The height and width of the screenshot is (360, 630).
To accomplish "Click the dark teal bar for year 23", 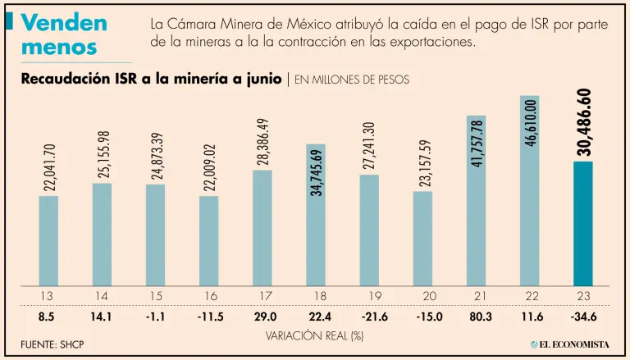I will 582,223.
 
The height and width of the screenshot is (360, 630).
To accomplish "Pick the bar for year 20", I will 422,238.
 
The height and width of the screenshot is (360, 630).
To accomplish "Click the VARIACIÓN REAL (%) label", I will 314,335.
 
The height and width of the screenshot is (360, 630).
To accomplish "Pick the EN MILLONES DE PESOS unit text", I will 351,80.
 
